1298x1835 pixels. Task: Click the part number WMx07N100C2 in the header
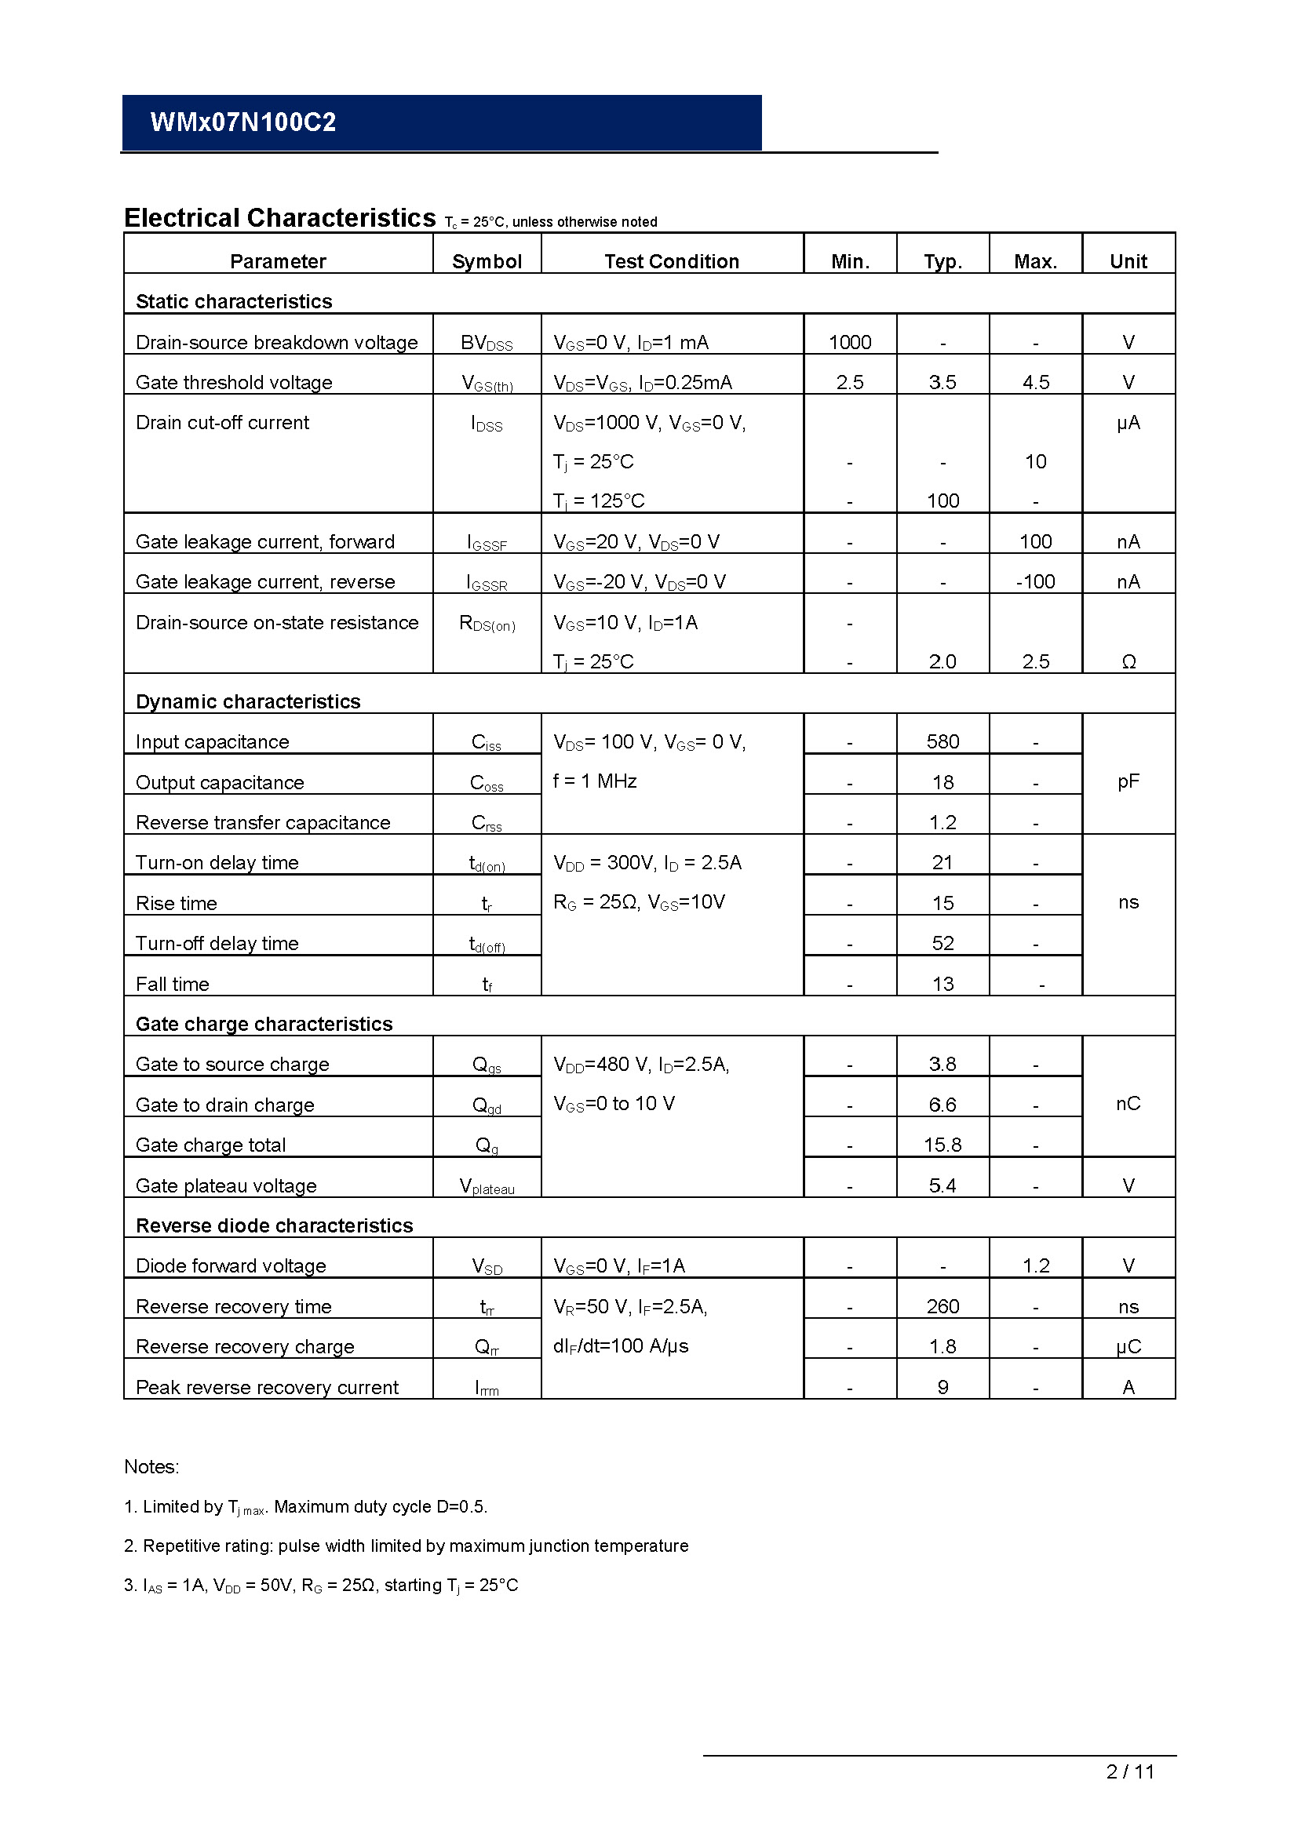pyautogui.click(x=243, y=122)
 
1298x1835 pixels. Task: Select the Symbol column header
pyautogui.click(x=487, y=261)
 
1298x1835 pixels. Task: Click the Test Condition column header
pyautogui.click(x=672, y=261)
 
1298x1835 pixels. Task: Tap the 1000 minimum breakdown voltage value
pyautogui.click(x=850, y=342)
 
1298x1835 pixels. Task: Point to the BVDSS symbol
pyautogui.click(x=487, y=343)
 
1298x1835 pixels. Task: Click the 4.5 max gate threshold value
pyautogui.click(x=1036, y=382)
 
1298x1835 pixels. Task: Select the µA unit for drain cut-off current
pyautogui.click(x=1128, y=422)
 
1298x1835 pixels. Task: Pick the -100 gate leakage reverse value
pyautogui.click(x=1035, y=581)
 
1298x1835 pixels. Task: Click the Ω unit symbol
pyautogui.click(x=1128, y=662)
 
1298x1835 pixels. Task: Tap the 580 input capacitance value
pyautogui.click(x=943, y=741)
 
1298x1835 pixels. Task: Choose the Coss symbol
pyautogui.click(x=487, y=783)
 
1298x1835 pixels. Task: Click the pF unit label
pyautogui.click(x=1128, y=781)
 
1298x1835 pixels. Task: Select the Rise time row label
pyautogui.click(x=177, y=903)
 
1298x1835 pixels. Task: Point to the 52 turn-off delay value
pyautogui.click(x=943, y=943)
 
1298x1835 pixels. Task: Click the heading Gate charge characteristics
pyautogui.click(x=264, y=1024)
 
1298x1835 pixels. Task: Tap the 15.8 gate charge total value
pyautogui.click(x=943, y=1145)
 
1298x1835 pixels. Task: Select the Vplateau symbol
pyautogui.click(x=487, y=1186)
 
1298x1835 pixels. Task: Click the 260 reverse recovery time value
pyautogui.click(x=943, y=1306)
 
